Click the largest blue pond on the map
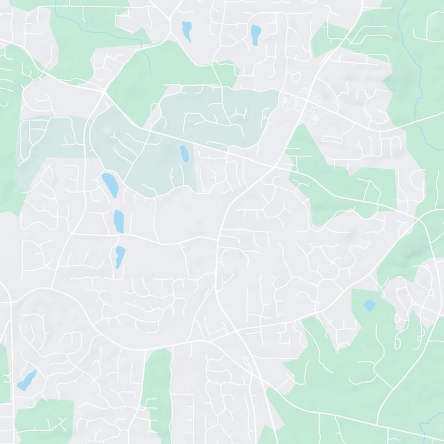[x=109, y=184]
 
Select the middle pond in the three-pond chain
[x=119, y=220]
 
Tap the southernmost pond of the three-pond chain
[x=120, y=255]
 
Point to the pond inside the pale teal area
[x=183, y=153]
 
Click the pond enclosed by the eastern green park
[x=369, y=305]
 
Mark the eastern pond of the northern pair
[x=255, y=34]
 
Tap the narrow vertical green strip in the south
[x=157, y=389]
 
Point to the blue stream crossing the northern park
[x=145, y=56]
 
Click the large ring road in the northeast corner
[x=433, y=25]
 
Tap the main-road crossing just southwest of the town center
[x=276, y=166]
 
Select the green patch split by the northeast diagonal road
[x=333, y=39]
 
